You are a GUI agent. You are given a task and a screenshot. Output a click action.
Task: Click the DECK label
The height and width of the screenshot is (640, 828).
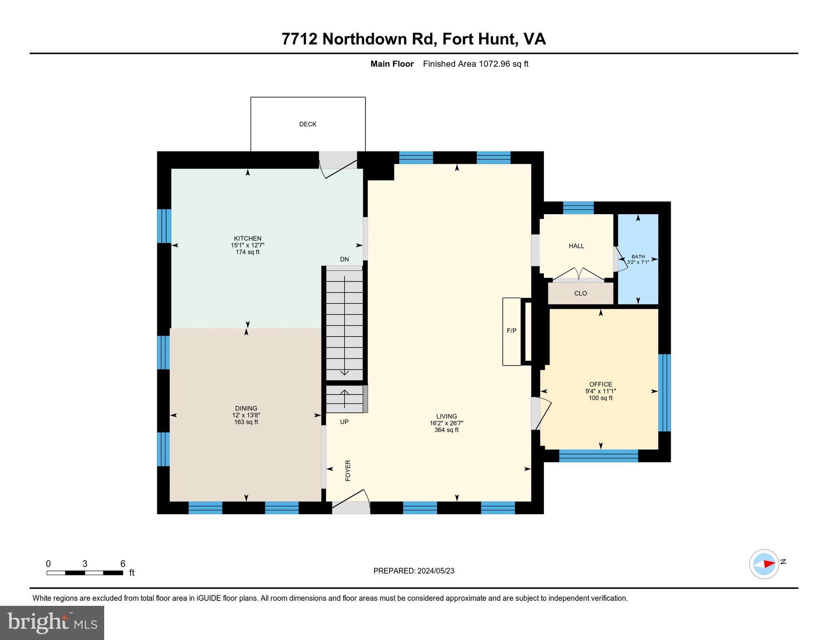308,124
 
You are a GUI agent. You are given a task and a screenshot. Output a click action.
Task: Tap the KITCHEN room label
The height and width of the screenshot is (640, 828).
248,238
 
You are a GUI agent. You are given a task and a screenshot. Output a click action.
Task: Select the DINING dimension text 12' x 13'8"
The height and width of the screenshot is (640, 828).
246,415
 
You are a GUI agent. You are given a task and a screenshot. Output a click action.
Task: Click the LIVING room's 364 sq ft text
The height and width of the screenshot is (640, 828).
446,430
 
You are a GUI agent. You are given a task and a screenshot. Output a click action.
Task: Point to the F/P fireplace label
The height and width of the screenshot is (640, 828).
511,331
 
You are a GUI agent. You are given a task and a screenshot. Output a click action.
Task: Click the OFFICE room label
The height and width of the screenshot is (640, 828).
600,384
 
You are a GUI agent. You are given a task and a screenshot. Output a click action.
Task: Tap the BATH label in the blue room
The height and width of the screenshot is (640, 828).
638,257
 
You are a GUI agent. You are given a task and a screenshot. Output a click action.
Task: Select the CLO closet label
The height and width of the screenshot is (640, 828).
580,293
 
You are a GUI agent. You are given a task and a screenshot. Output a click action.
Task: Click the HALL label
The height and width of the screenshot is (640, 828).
576,246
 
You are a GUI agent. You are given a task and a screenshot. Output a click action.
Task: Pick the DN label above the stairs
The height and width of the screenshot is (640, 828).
344,259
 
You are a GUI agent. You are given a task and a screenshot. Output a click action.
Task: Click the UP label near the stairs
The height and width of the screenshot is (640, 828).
344,422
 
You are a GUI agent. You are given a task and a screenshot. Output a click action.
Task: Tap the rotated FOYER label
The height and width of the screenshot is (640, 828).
348,470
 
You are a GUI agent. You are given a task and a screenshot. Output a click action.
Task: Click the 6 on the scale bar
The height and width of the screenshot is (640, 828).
123,564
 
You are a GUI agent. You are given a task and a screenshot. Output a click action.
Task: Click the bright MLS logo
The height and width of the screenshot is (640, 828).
52,622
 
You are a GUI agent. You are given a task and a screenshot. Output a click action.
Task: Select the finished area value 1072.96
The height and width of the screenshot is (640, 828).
494,64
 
